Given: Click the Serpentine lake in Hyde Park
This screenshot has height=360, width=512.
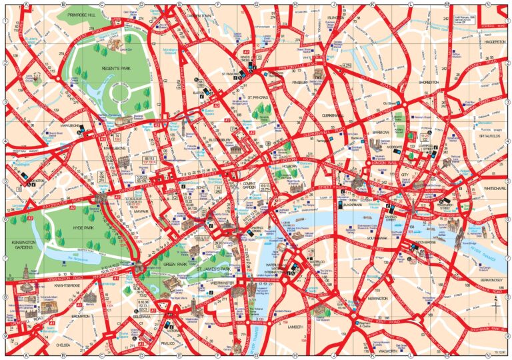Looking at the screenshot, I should click(73, 253).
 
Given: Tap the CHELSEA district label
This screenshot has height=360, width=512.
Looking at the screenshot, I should click(63, 345).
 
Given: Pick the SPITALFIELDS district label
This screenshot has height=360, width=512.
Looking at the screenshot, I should click(490, 135).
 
